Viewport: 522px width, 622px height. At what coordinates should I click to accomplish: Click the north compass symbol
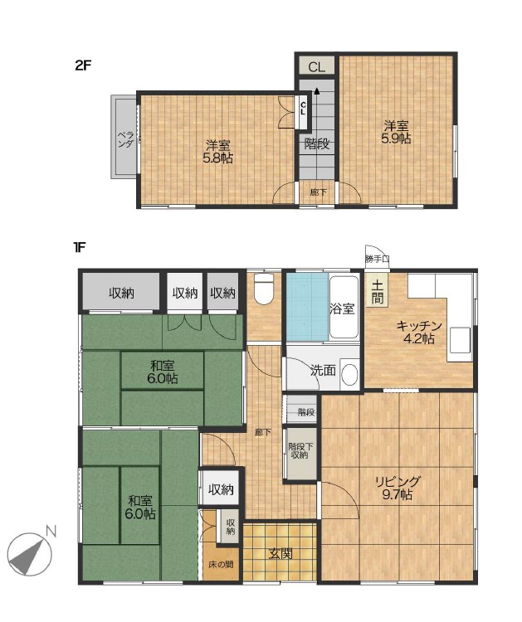[x=30, y=554]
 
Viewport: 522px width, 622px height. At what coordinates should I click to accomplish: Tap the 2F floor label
[x=83, y=65]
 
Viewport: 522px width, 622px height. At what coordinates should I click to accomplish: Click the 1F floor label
[x=80, y=248]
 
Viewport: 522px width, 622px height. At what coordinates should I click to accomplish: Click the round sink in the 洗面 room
[x=349, y=375]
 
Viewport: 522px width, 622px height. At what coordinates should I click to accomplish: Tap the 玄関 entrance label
[x=281, y=553]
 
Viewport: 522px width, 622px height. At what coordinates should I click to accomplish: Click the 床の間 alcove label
[x=221, y=565]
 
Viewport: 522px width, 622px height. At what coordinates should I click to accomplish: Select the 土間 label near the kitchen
[x=378, y=293]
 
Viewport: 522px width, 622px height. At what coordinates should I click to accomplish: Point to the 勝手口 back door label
[x=377, y=259]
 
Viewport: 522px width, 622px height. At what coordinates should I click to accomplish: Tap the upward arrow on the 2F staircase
[x=317, y=91]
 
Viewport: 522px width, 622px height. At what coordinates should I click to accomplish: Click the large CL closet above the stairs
[x=317, y=66]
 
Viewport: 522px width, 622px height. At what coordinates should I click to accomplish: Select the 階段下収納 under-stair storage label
[x=300, y=450]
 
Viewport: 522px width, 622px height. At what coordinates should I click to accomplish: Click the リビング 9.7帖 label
[x=398, y=488]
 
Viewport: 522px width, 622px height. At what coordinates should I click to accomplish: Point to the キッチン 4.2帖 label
[x=419, y=333]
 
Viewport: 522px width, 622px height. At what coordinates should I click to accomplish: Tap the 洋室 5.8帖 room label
[x=218, y=152]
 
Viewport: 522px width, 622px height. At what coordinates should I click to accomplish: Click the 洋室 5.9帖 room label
[x=396, y=132]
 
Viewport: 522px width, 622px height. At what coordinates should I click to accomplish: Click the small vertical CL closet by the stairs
[x=303, y=109]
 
